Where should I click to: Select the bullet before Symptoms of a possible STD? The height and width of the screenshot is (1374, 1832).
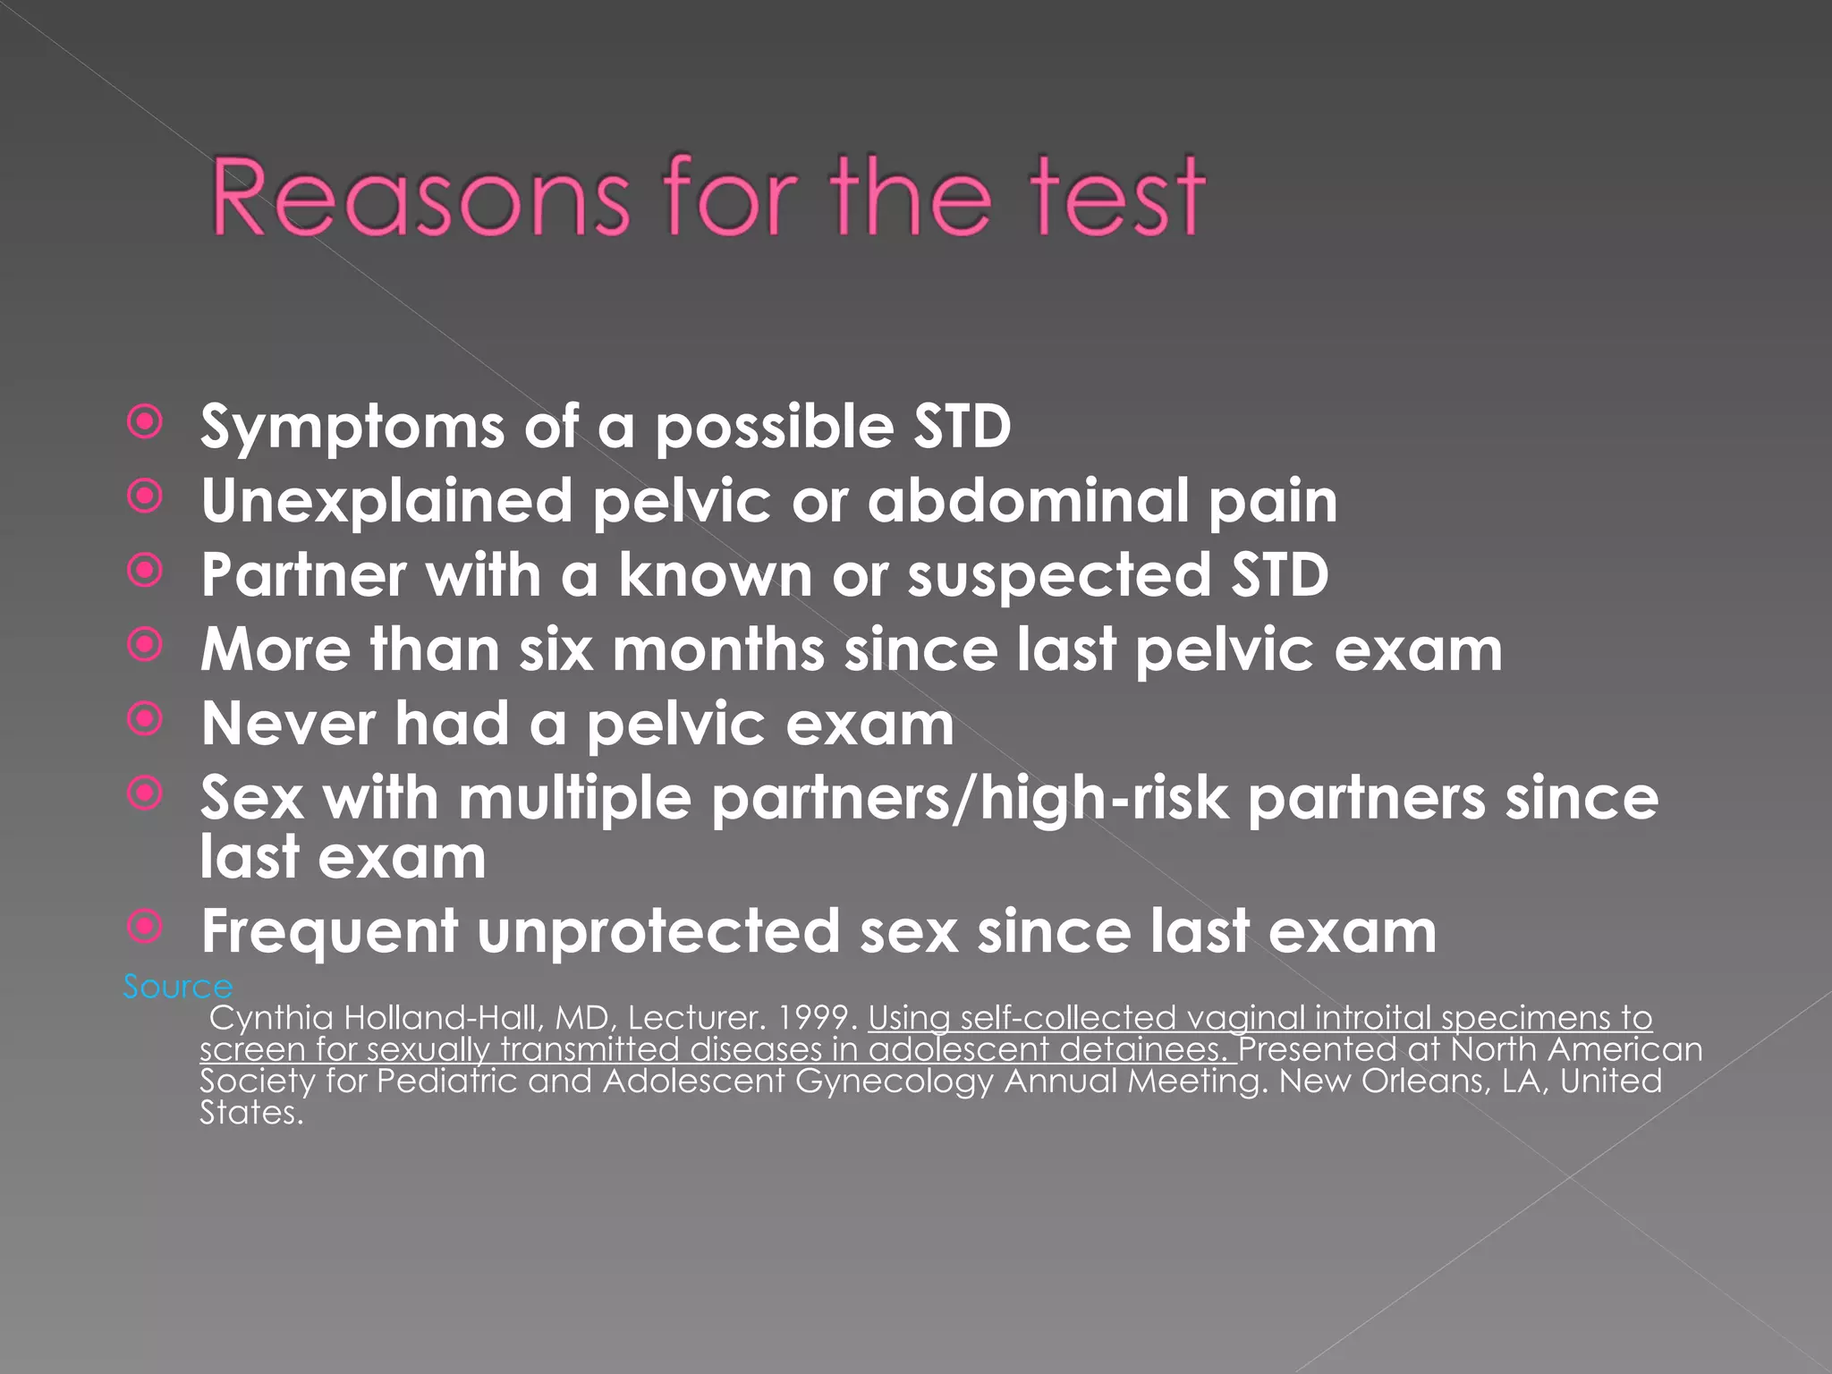[145, 422]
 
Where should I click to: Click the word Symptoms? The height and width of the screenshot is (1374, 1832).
[352, 427]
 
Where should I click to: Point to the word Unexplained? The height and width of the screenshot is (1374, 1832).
[386, 501]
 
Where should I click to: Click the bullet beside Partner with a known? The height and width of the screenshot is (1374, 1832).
[145, 571]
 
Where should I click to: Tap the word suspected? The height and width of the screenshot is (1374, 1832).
[1059, 576]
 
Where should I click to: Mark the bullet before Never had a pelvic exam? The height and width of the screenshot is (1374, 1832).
[145, 719]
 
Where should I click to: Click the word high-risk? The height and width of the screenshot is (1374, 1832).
[1105, 798]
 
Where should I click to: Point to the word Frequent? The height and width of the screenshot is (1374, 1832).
[329, 932]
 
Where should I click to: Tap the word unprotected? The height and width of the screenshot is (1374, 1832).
[658, 932]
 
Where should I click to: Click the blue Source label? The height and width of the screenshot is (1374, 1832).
[177, 987]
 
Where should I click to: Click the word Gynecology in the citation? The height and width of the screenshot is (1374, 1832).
[894, 1081]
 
